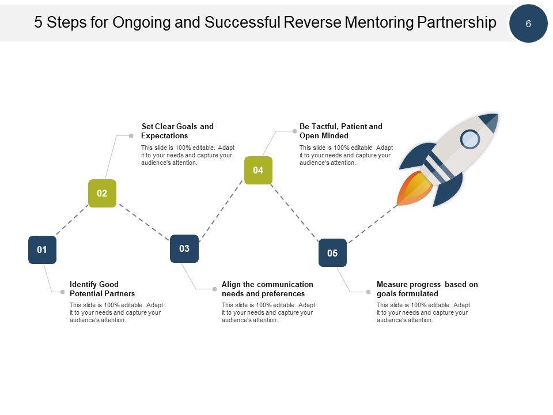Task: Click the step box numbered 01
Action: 42,250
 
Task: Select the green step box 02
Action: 102,194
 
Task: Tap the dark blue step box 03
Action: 184,249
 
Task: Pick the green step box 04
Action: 258,170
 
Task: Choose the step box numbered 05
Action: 332,252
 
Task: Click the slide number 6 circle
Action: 528,23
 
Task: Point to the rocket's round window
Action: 470,139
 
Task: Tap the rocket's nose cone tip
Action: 497,114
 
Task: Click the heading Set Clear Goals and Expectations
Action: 177,131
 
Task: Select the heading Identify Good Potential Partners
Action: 103,289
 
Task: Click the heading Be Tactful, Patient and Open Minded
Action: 340,131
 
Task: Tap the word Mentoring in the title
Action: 379,22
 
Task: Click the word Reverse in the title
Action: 312,22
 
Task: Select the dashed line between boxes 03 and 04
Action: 221,211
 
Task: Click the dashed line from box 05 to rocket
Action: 373,224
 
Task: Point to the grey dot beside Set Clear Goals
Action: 131,136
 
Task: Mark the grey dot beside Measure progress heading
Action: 369,292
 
